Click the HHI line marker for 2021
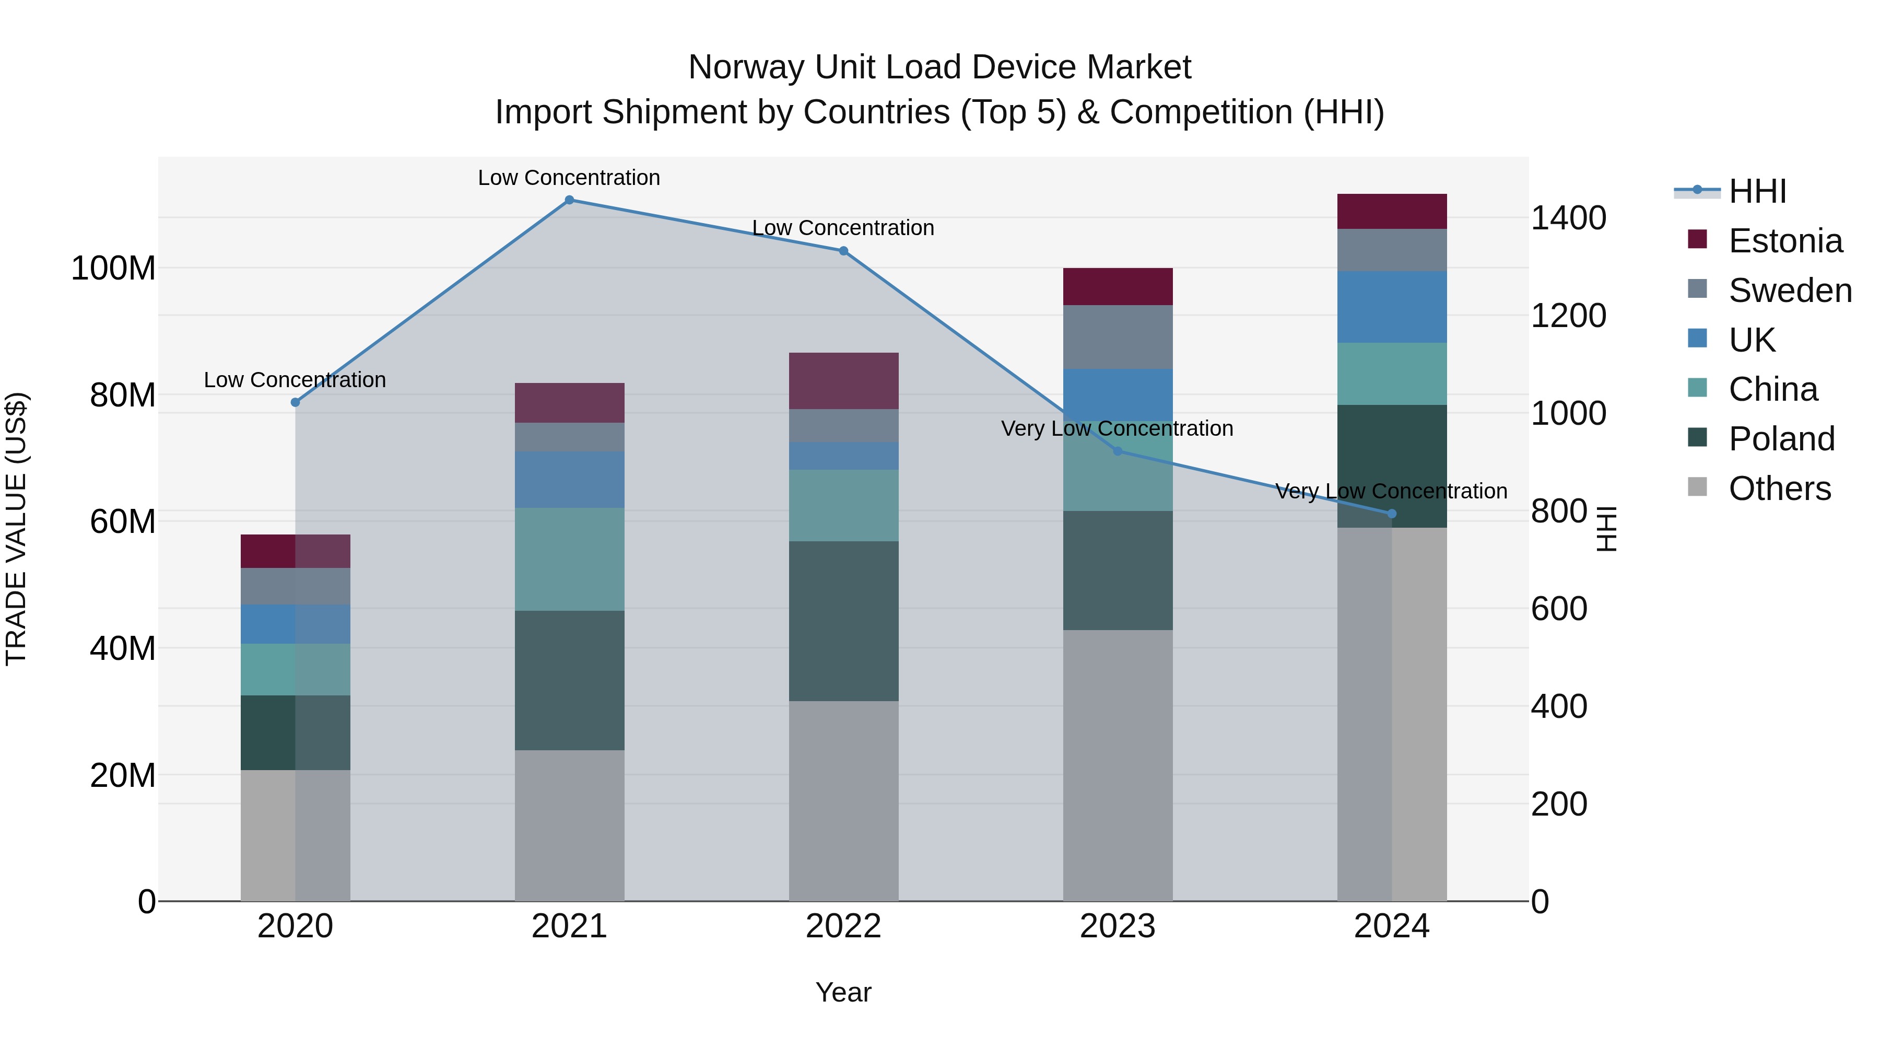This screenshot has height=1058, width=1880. tap(569, 200)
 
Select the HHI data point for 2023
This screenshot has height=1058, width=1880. tap(1118, 451)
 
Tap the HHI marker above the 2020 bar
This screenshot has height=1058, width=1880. tap(296, 402)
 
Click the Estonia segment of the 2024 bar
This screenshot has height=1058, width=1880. tap(1391, 212)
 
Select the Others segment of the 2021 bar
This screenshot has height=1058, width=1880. tap(569, 825)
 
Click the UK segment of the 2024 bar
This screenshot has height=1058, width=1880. tap(1391, 307)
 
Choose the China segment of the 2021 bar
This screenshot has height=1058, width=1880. tap(569, 559)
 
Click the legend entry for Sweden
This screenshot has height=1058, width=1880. tap(1790, 290)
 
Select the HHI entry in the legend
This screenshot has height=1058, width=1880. tap(1757, 191)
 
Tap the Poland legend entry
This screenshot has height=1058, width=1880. tap(1781, 439)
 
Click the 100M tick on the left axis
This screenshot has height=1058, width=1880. tap(113, 269)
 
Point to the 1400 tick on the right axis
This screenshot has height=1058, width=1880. tap(1568, 218)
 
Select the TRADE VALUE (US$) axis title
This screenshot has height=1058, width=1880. tap(16, 529)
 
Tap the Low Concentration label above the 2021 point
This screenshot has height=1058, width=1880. tap(569, 178)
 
